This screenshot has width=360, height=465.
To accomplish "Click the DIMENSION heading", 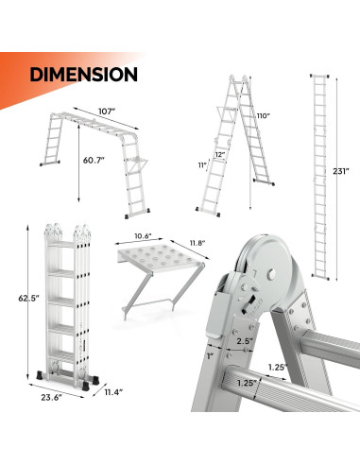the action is tap(83, 75).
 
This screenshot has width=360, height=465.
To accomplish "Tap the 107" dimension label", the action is tap(107, 112).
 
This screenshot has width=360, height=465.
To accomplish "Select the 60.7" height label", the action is tap(94, 160).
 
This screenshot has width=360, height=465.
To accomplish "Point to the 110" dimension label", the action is tap(264, 115).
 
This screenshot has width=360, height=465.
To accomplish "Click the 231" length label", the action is tap(341, 171).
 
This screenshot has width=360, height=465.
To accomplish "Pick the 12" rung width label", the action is tap(220, 154).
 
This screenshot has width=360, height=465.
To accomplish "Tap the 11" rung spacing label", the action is tap(202, 165).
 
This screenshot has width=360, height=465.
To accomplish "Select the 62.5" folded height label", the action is tap(28, 298).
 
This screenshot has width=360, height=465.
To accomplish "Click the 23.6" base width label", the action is tap(51, 398).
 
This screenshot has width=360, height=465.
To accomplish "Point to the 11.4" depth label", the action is tap(113, 392).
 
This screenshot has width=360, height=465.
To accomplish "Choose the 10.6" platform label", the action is tap(143, 236).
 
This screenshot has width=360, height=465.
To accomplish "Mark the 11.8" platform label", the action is tap(197, 243).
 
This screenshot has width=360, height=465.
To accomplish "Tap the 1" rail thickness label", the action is tap(211, 356).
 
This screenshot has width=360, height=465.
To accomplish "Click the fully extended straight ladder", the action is tap(319, 177).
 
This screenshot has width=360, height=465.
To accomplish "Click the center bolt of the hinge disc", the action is tap(271, 274).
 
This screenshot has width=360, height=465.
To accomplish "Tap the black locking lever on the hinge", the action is tap(248, 305).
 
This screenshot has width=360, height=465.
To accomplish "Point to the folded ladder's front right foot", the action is tap(85, 386).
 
